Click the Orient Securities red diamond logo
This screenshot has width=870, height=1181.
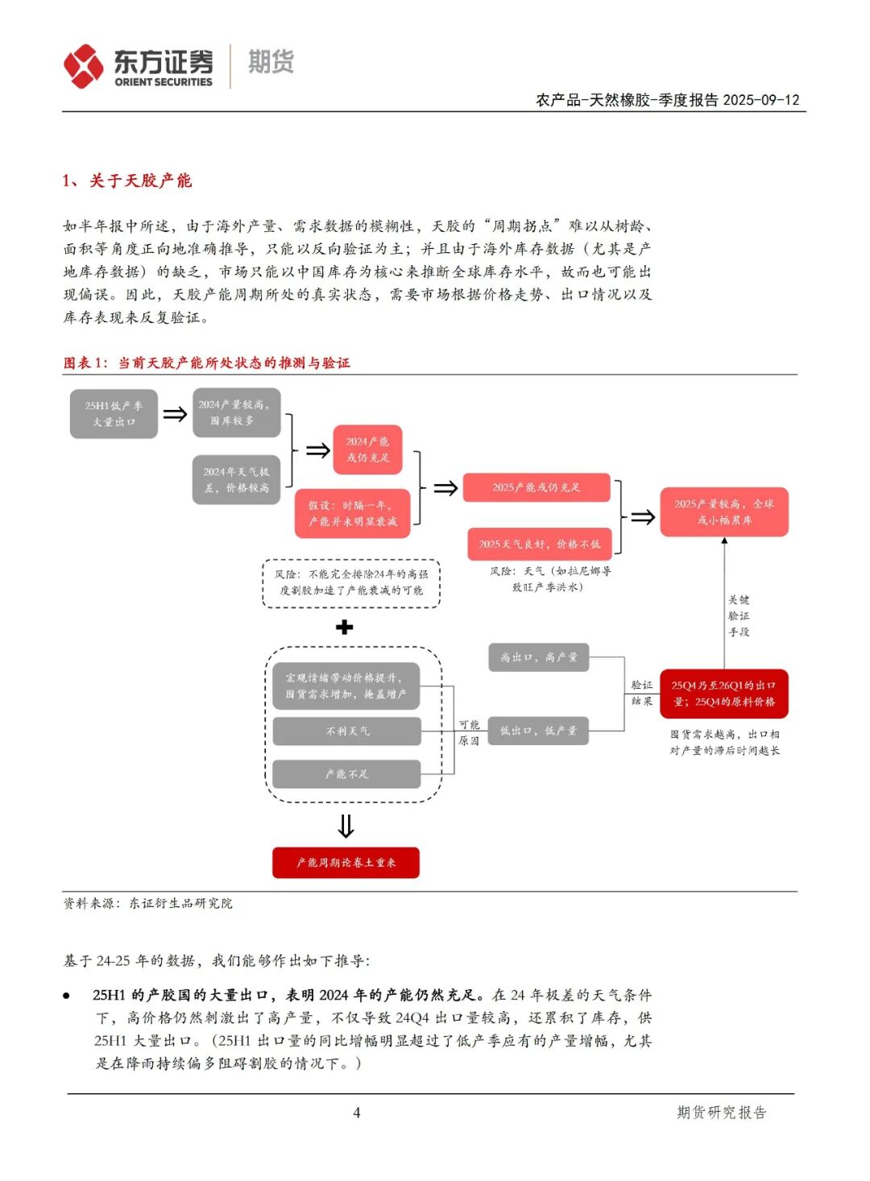click(x=84, y=66)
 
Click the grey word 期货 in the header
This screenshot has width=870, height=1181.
click(x=271, y=62)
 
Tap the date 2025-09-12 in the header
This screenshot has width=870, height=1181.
click(x=761, y=100)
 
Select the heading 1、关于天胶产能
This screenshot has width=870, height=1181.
click(x=127, y=180)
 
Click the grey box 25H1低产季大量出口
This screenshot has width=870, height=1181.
click(x=114, y=414)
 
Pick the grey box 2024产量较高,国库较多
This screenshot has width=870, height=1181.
click(x=236, y=412)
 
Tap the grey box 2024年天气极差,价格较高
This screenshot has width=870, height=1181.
click(x=236, y=480)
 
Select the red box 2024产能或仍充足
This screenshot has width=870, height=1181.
click(x=367, y=450)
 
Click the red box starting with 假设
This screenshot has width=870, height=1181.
click(x=353, y=513)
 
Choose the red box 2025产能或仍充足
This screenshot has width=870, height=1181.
click(x=536, y=487)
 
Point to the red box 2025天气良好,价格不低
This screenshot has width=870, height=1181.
click(x=540, y=544)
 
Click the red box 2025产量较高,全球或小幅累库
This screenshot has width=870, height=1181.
click(x=723, y=512)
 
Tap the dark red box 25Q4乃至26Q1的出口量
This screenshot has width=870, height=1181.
click(x=723, y=694)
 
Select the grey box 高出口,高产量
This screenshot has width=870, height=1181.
click(x=539, y=657)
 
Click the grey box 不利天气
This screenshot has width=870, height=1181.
click(x=347, y=731)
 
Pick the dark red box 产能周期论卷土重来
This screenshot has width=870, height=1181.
click(x=346, y=863)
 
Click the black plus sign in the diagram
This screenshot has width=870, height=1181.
click(x=345, y=627)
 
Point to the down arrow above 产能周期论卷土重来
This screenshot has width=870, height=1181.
click(x=346, y=827)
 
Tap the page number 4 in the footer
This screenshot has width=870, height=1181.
click(x=356, y=1113)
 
